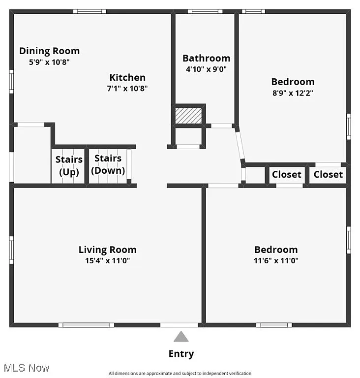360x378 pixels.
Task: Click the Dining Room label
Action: click(x=49, y=51)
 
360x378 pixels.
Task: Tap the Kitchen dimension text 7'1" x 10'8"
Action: click(x=127, y=89)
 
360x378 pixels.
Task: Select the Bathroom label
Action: click(x=206, y=58)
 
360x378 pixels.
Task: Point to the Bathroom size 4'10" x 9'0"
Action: click(x=206, y=69)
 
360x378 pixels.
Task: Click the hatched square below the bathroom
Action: click(x=189, y=116)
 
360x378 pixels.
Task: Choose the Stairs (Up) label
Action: click(x=69, y=165)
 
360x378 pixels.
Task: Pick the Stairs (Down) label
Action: click(x=108, y=164)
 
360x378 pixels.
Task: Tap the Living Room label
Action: click(x=108, y=250)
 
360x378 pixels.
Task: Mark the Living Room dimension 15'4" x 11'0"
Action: click(x=108, y=261)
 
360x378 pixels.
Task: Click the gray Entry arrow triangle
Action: click(x=181, y=337)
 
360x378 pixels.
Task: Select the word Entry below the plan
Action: click(x=181, y=353)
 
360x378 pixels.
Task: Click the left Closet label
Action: click(x=287, y=174)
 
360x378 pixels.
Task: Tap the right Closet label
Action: click(x=329, y=174)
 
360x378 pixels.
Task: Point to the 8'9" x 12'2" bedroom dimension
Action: click(x=293, y=93)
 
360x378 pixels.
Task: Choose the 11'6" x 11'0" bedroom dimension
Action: click(x=276, y=261)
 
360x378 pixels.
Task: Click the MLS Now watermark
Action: click(x=26, y=368)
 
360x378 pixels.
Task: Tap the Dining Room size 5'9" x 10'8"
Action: click(x=49, y=62)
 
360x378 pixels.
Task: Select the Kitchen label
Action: click(x=127, y=77)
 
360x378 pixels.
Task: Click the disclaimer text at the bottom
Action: click(x=180, y=374)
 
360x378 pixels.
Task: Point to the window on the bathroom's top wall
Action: click(x=205, y=11)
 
